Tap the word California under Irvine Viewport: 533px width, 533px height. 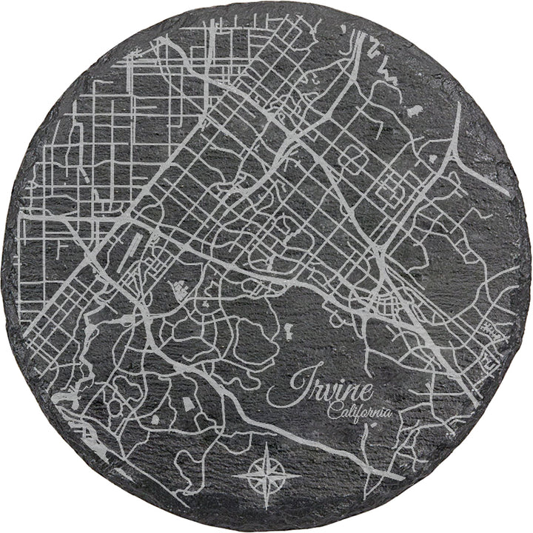pos(359,413)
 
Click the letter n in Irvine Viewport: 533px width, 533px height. pos(349,392)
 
